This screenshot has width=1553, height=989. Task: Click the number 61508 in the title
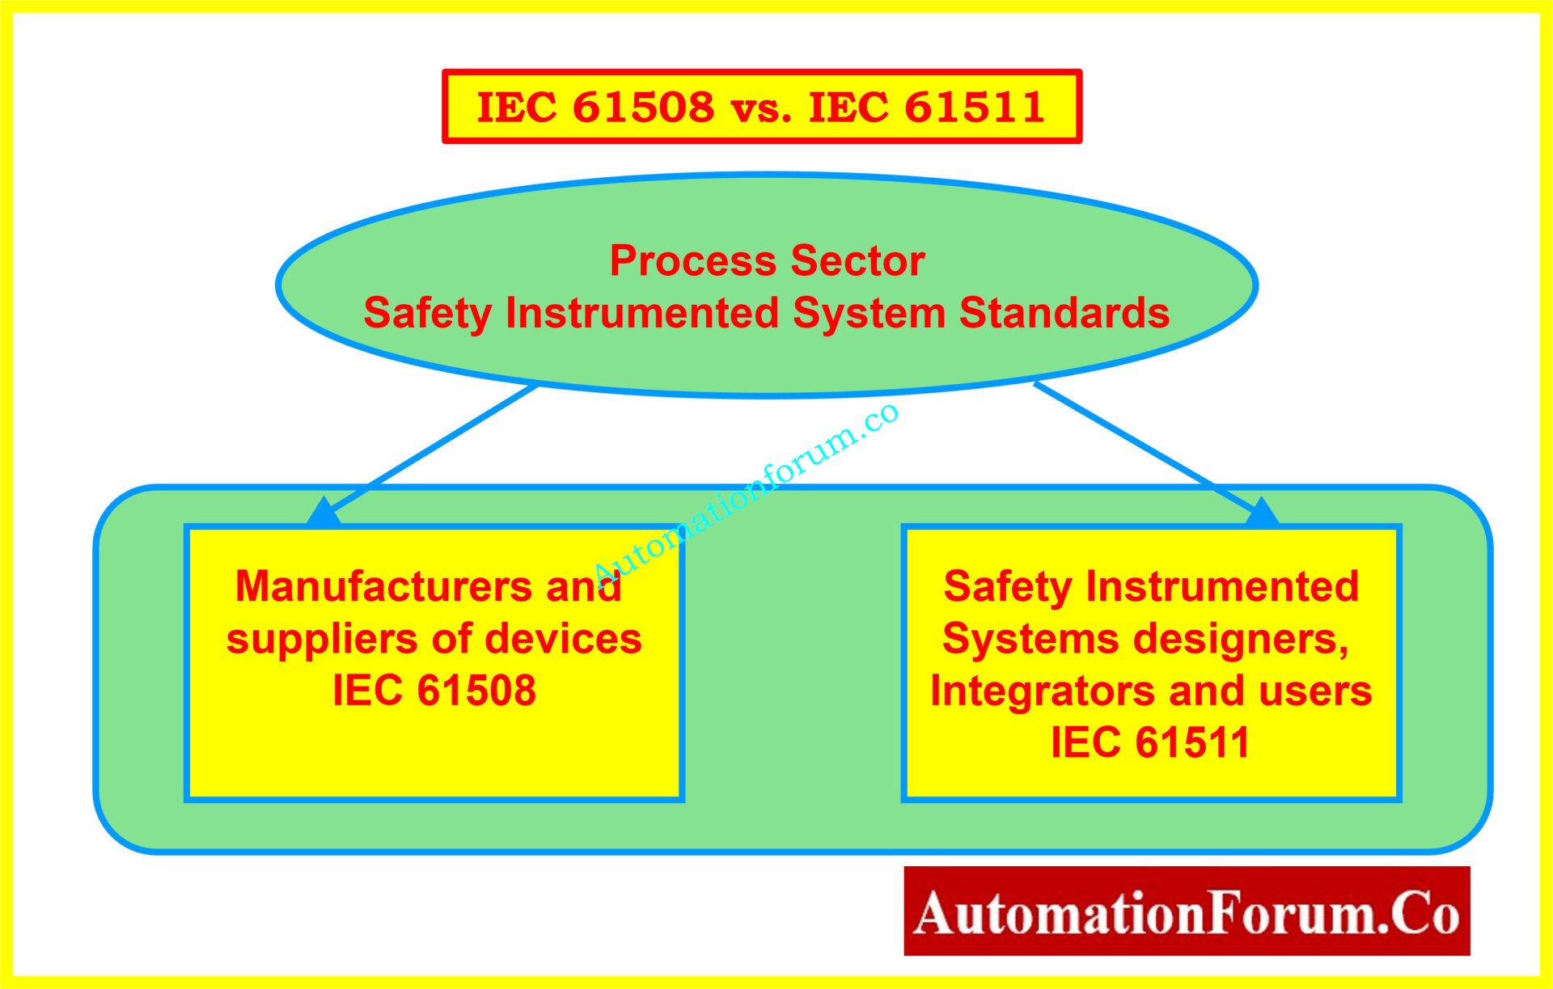tap(644, 108)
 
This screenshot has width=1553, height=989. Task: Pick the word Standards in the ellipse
tap(1064, 313)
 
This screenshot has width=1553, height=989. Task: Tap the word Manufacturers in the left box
tap(383, 586)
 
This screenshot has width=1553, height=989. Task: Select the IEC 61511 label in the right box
tap(1149, 742)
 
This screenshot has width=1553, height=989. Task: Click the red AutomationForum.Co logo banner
tap(1187, 911)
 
